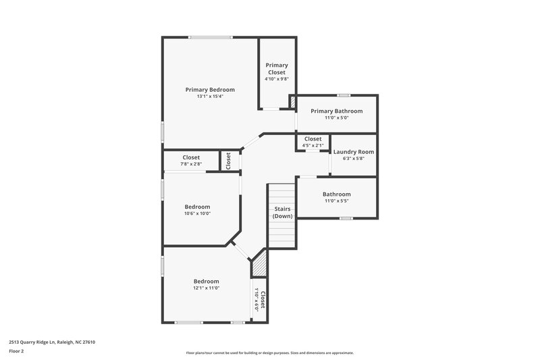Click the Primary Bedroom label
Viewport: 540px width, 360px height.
pos(210,90)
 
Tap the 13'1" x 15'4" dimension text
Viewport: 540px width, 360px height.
pos(210,97)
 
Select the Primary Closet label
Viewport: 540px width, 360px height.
pos(276,69)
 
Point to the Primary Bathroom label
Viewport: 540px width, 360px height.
pos(336,111)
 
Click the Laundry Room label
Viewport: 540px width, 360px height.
pos(353,152)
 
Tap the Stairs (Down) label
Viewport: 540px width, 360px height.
pos(282,213)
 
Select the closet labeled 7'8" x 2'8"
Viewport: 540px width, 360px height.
pos(191,161)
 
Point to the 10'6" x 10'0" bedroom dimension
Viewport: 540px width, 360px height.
pos(197,213)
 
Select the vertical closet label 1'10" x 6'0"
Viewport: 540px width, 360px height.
pos(261,299)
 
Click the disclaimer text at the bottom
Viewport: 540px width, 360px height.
pos(269,353)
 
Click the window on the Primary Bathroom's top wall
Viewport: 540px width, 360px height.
pos(344,95)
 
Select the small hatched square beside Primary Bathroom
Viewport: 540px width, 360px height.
pos(292,101)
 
